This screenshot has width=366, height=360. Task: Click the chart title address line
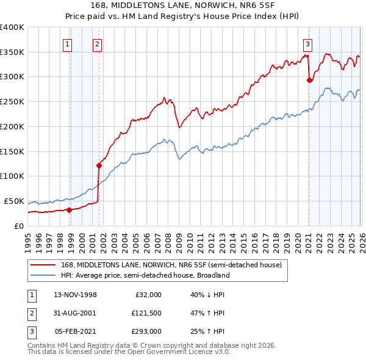pyautogui.click(x=183, y=6)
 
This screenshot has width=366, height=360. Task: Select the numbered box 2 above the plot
pyautogui.click(x=97, y=43)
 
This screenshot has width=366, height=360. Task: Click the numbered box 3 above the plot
pyautogui.click(x=308, y=43)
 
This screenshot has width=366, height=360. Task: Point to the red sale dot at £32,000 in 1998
pyautogui.click(x=69, y=210)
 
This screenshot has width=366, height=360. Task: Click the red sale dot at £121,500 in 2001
pyautogui.click(x=99, y=165)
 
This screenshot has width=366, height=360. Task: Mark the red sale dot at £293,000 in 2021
pyautogui.click(x=309, y=79)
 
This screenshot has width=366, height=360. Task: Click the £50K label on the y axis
pyautogui.click(x=15, y=201)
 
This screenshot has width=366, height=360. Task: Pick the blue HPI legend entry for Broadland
pyautogui.click(x=146, y=275)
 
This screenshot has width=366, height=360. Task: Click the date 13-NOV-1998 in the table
pyautogui.click(x=76, y=294)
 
